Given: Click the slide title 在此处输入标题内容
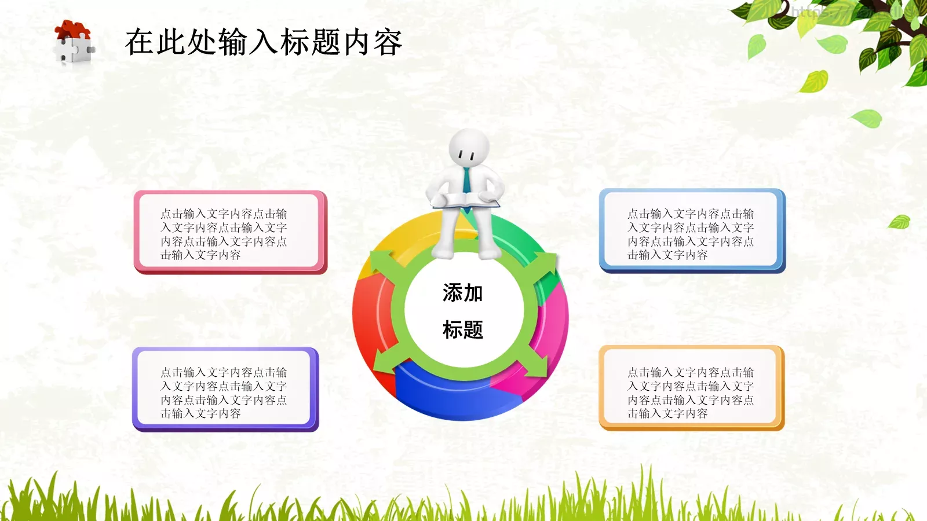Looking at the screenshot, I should tap(264, 42).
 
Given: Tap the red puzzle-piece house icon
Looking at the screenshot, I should tap(74, 42).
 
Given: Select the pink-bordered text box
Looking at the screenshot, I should tap(230, 232).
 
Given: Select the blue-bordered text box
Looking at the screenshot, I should tap(692, 230).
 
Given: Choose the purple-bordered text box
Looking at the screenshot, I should tap(225, 389).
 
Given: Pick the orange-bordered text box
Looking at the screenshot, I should tap(691, 388).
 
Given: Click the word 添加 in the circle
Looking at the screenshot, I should tap(462, 293).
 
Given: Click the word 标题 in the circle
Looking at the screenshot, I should tap(462, 330).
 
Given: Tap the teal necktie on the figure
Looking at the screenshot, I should tap(466, 180).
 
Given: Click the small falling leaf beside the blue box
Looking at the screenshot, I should tap(899, 222).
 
